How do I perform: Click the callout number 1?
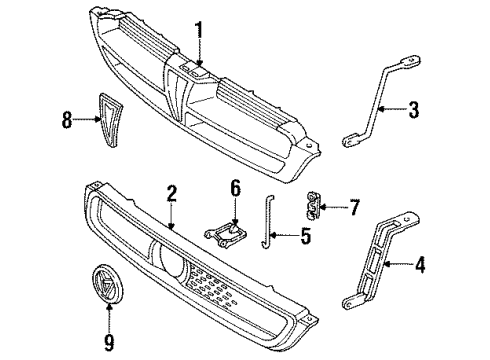(x=199, y=31)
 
